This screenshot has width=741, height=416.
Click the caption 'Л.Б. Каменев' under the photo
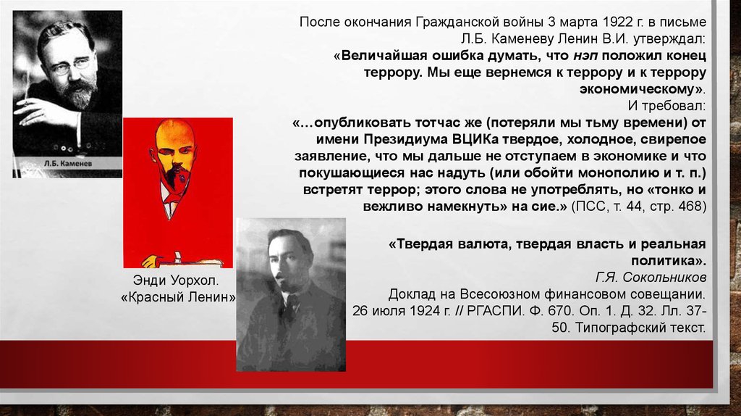(x=68, y=163)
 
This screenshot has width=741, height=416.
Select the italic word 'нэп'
(x=585, y=55)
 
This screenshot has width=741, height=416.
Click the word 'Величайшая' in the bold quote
(x=382, y=55)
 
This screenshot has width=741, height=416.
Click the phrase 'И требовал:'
(x=666, y=106)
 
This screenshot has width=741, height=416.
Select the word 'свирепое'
(x=674, y=139)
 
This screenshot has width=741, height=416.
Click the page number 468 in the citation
(x=691, y=207)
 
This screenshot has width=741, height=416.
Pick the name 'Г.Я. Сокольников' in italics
(x=651, y=278)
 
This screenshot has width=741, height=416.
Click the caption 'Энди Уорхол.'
(x=176, y=280)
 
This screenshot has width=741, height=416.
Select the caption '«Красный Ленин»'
(x=178, y=297)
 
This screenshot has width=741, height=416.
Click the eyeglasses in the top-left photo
(x=70, y=67)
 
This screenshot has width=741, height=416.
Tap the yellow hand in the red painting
(x=151, y=261)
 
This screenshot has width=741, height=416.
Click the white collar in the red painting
(x=169, y=199)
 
